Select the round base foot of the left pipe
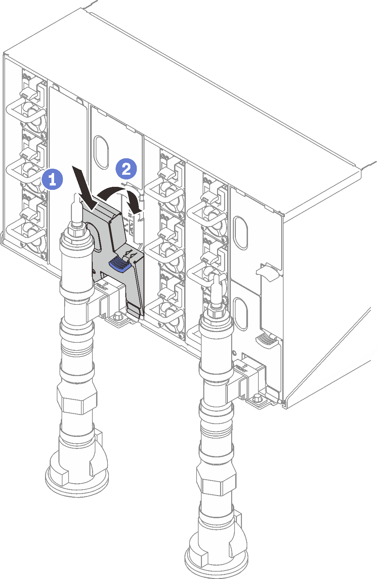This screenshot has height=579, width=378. click(x=77, y=479)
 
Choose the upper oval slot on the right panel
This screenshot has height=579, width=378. click(x=241, y=233)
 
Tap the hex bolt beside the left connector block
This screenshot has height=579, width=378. click(x=118, y=316)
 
